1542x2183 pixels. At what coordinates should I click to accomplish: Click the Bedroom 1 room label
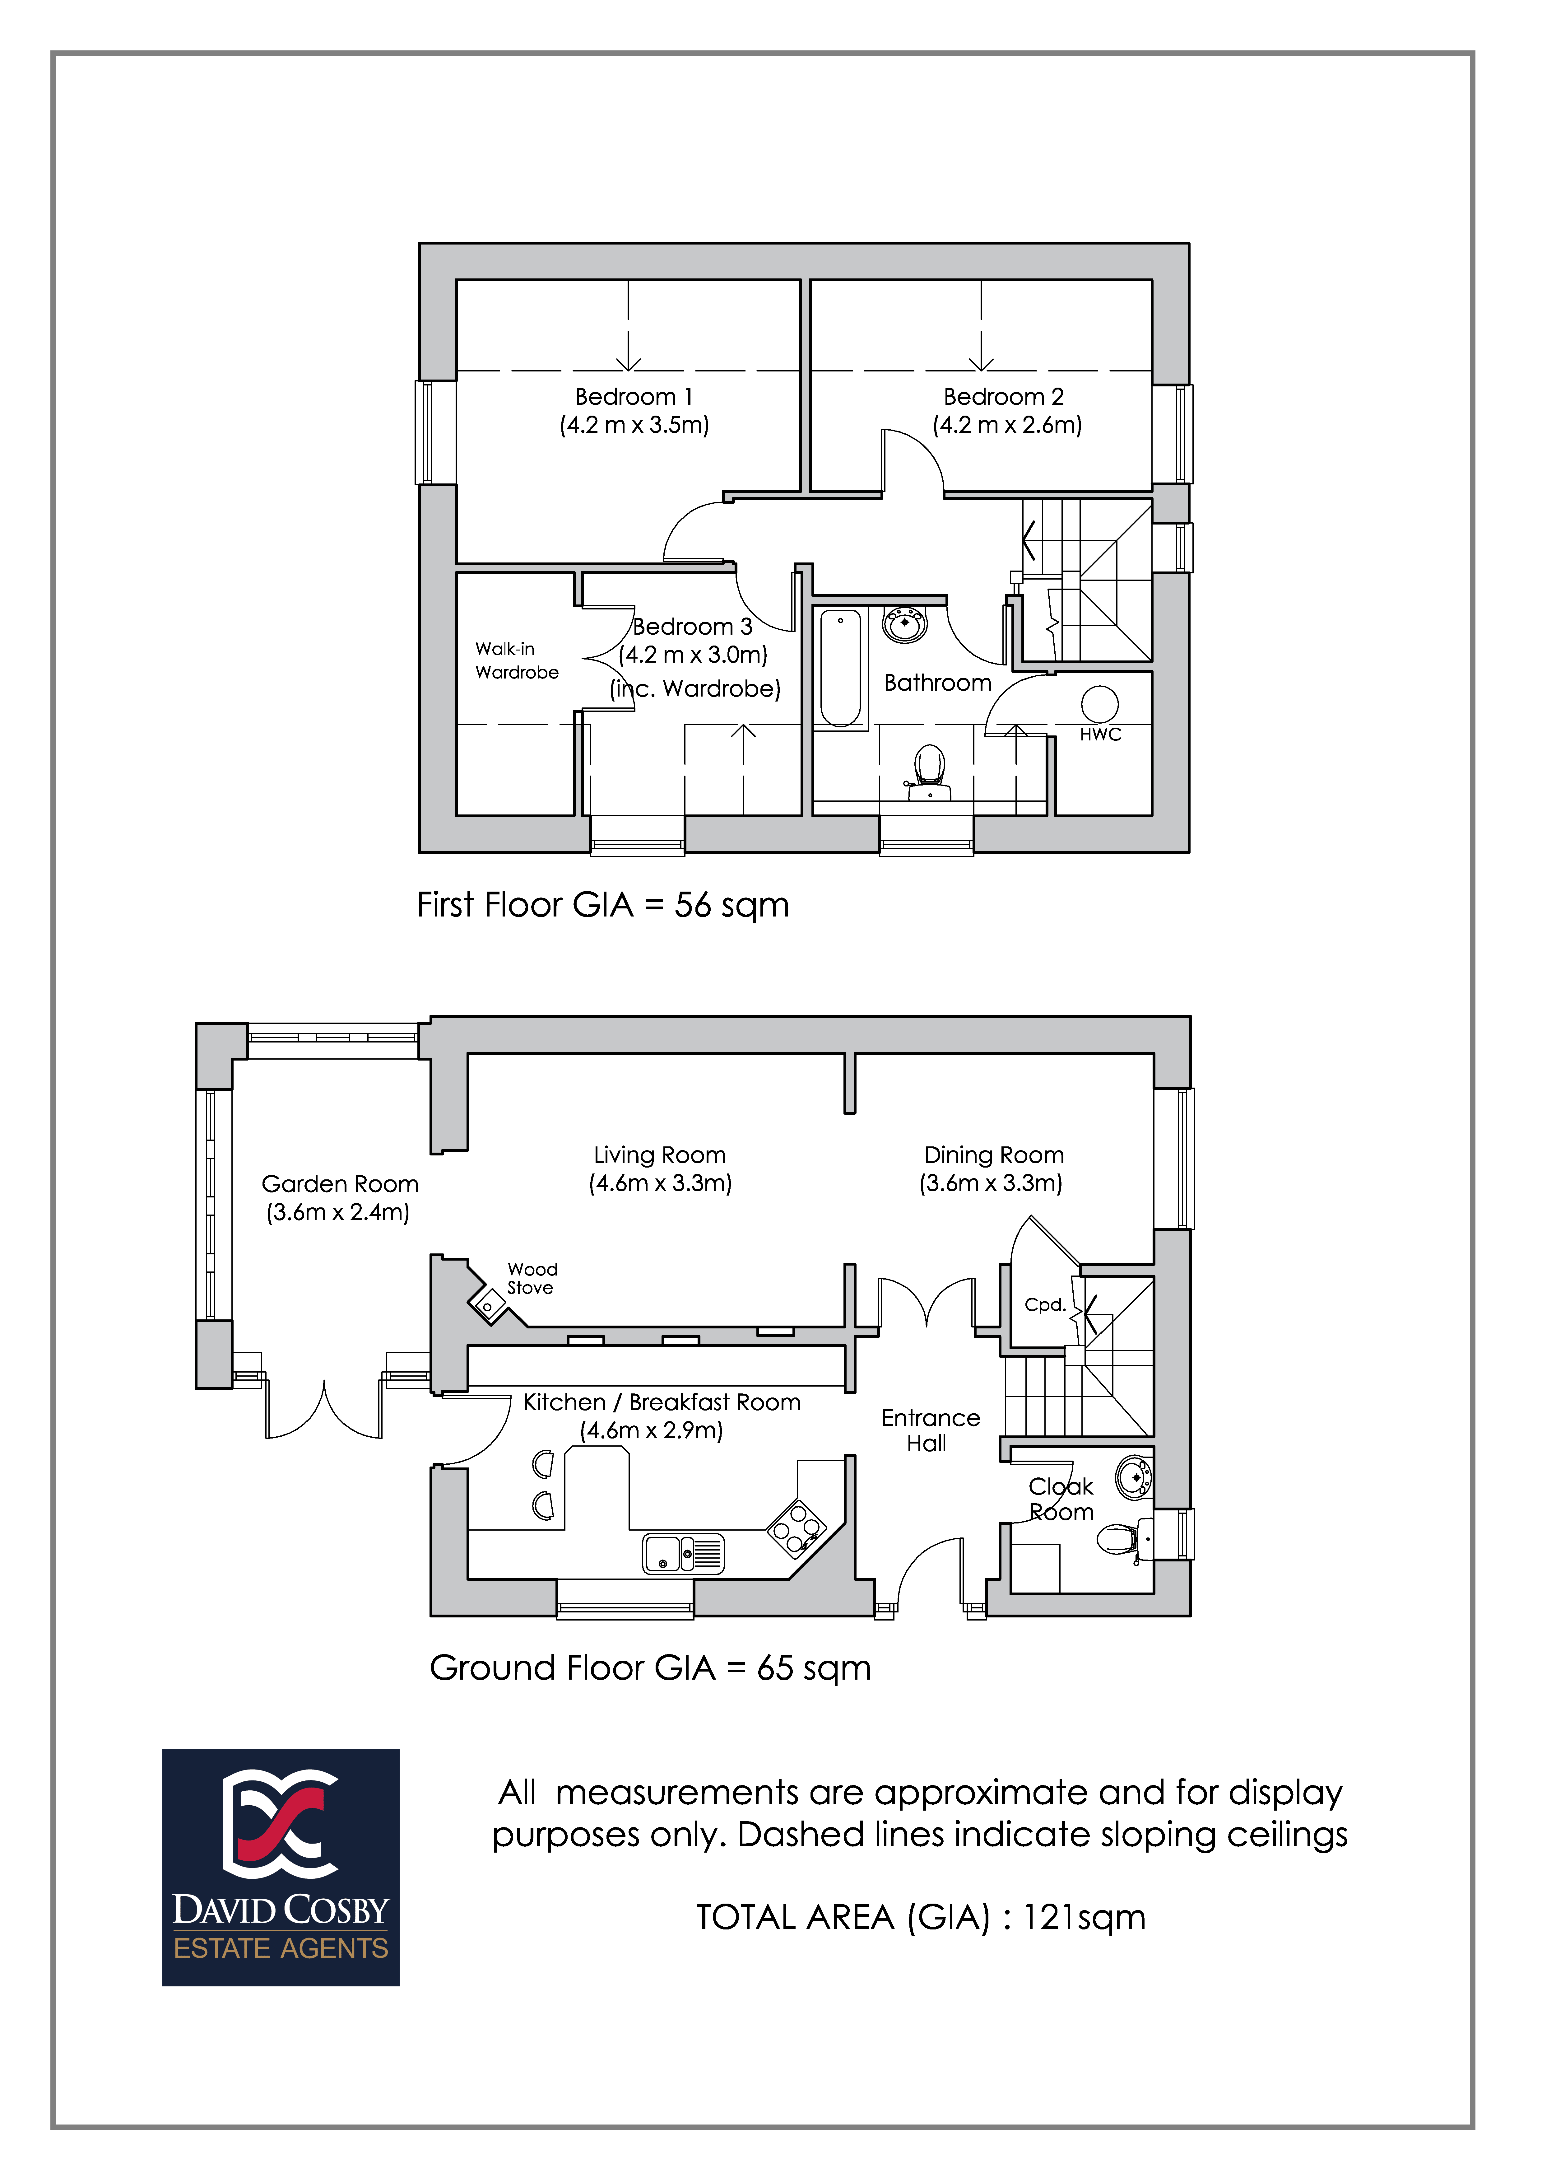[x=634, y=396]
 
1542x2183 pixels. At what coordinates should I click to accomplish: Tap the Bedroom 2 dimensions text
[x=1008, y=425]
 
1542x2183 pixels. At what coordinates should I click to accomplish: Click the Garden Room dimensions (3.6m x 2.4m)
[x=338, y=1212]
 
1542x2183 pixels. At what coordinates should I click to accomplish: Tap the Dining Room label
[x=993, y=1155]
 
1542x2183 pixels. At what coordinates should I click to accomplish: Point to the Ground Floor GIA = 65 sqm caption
[x=650, y=1668]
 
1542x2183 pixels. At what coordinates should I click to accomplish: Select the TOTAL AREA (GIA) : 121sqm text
[x=920, y=1918]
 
